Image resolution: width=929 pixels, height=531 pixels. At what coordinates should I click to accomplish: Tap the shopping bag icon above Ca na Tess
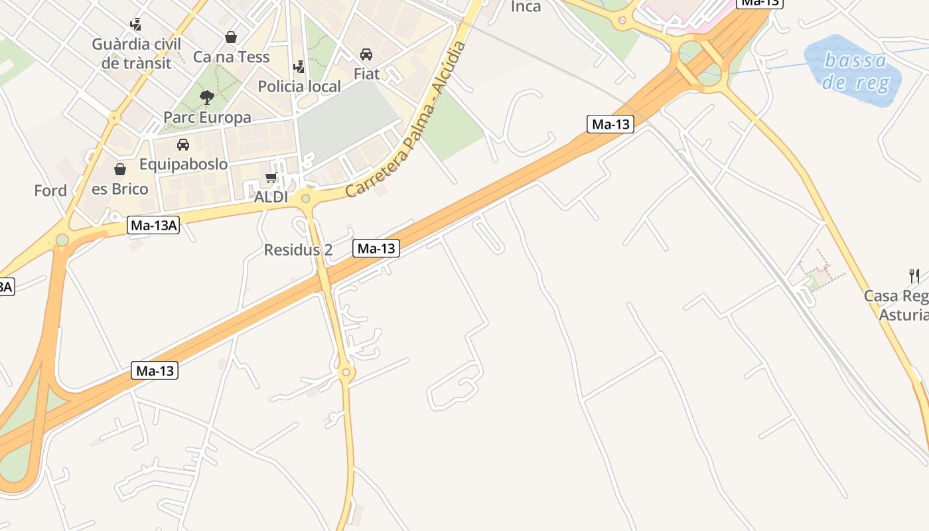[231, 37]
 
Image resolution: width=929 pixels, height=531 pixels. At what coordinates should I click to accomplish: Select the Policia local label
[299, 86]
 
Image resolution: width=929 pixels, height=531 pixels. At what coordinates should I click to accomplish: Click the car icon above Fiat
[366, 54]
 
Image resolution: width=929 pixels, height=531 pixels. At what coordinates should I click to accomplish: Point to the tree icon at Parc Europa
[207, 98]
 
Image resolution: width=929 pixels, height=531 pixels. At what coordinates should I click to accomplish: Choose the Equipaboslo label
[183, 164]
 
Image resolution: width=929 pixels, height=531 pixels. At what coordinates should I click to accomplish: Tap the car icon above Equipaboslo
[183, 145]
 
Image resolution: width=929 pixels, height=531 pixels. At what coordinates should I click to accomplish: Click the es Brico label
[120, 189]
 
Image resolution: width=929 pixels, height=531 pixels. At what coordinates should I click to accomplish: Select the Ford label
[50, 191]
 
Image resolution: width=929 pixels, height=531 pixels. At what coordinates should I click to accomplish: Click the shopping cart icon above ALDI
[271, 177]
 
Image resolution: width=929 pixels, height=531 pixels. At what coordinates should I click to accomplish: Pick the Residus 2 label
[298, 250]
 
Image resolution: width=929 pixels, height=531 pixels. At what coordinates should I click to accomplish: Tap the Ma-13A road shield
[154, 226]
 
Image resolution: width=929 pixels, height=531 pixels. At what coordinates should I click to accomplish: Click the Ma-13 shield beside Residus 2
[376, 249]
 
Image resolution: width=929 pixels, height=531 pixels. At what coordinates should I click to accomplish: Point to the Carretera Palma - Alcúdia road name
[406, 119]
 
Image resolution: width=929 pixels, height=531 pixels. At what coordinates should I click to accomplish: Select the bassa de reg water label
[855, 72]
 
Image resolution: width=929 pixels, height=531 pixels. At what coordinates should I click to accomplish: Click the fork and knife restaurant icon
[914, 276]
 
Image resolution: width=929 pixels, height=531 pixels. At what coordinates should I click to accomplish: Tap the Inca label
[526, 7]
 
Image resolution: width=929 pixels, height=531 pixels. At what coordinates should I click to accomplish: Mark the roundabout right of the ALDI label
[305, 198]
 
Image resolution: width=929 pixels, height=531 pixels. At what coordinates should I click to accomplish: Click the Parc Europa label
[207, 117]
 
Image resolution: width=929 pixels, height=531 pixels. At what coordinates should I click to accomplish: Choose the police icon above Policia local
[299, 67]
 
